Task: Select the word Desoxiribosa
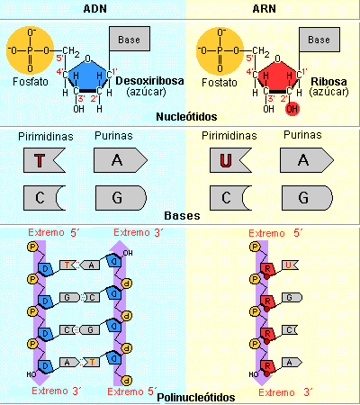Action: coord(148,81)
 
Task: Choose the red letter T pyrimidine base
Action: coord(40,161)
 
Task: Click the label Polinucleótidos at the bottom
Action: coord(195,397)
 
